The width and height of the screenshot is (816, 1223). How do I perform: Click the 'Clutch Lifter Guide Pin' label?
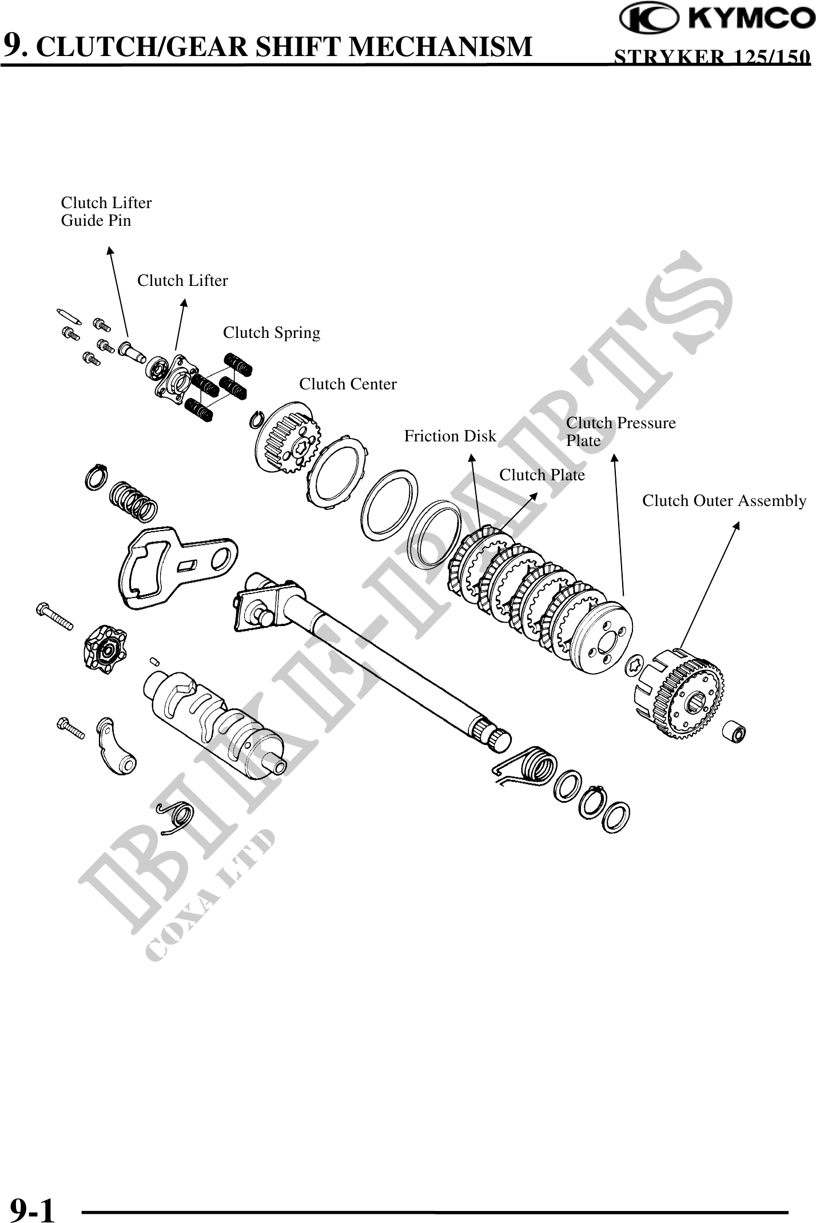coord(106,212)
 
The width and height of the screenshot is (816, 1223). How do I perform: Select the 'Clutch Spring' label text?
coord(271,333)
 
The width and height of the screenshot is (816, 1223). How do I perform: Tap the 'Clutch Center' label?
coord(348,384)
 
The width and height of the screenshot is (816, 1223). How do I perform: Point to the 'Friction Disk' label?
coord(450,437)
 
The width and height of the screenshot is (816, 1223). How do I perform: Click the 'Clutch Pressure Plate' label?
coord(620,432)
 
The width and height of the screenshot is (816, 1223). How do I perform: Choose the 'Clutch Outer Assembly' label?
coord(724,501)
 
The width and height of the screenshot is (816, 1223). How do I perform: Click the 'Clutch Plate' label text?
coord(542,475)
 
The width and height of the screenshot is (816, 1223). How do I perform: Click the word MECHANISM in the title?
coord(440,47)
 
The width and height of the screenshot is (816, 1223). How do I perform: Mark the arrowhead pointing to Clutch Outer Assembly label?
coord(737,525)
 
